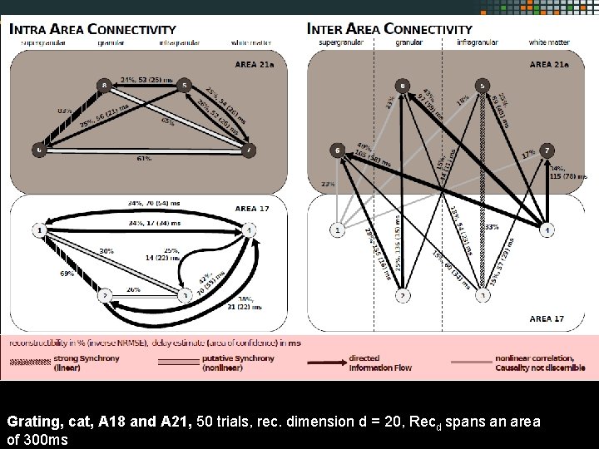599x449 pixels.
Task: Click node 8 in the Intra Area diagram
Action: point(104,85)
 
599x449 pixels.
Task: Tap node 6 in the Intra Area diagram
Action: point(39,150)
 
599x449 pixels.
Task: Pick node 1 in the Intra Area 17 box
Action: point(39,229)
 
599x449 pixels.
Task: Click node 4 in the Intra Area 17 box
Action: point(250,229)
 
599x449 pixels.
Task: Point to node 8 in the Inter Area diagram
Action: point(403,86)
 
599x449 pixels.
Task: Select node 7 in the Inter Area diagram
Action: point(547,150)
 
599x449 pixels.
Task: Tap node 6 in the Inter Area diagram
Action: point(337,150)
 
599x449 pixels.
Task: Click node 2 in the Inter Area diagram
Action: point(403,295)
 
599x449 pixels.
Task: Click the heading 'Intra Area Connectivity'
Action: point(92,29)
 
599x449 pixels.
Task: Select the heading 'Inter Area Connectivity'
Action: point(389,29)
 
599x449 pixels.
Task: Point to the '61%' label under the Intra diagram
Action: point(143,158)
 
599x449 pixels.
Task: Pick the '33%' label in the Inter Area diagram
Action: point(492,226)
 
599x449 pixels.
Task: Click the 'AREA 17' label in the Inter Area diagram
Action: point(547,318)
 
